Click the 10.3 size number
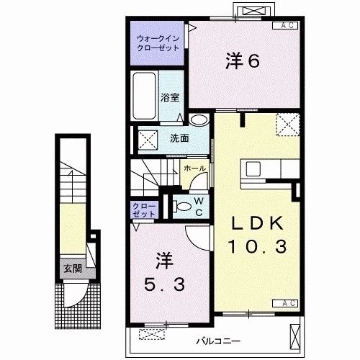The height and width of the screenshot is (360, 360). point(258,247)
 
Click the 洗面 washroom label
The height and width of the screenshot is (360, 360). point(179,138)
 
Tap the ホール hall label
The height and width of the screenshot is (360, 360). point(194,168)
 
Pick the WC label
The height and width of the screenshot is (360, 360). point(199,204)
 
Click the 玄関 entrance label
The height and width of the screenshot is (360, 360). point(72,269)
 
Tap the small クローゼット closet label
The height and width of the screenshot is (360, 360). point(143,210)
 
